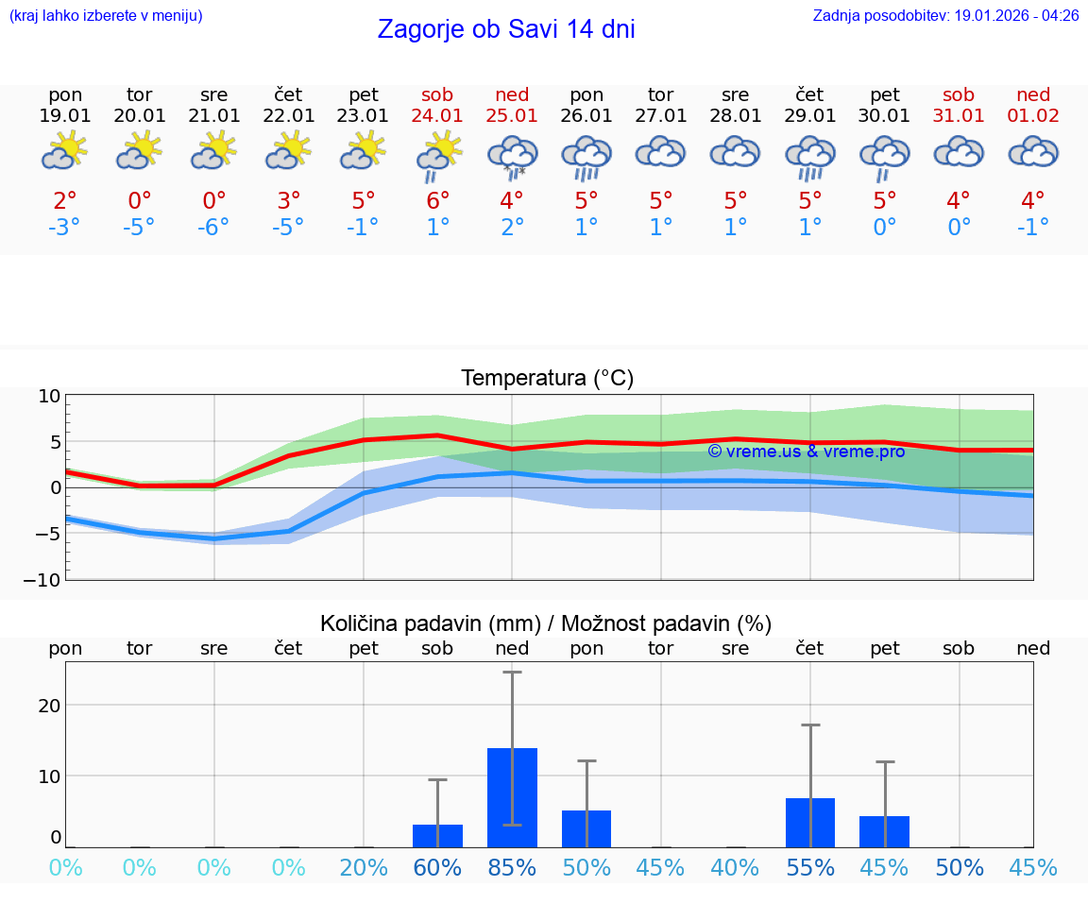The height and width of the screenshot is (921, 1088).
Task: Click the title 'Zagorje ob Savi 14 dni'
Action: [x=505, y=29]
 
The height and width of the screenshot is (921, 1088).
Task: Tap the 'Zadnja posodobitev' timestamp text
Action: [x=945, y=15]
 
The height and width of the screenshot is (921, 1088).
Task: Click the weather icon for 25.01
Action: [x=512, y=156]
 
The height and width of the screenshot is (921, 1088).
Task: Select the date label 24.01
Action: [x=437, y=116]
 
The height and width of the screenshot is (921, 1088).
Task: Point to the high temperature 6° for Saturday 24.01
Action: [x=437, y=201]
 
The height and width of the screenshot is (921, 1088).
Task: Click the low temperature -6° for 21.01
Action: [x=214, y=228]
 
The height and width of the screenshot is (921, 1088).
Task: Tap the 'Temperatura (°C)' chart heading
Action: [x=547, y=379]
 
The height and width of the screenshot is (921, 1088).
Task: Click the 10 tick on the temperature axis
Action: [x=49, y=396]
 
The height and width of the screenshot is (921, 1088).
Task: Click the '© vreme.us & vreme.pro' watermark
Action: [x=806, y=452]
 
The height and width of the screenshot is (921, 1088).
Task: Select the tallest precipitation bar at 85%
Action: [x=512, y=797]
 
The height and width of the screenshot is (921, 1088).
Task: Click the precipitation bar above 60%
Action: [x=437, y=836]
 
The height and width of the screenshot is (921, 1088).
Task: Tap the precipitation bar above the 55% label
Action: [x=810, y=823]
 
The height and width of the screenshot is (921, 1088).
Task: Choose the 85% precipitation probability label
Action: [x=512, y=867]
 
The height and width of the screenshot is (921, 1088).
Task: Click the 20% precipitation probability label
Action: [x=364, y=867]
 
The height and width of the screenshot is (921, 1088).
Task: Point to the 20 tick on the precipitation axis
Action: [x=49, y=706]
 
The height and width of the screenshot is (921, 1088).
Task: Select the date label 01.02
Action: [x=1033, y=116]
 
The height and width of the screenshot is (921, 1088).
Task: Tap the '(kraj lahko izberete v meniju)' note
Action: [x=106, y=15]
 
